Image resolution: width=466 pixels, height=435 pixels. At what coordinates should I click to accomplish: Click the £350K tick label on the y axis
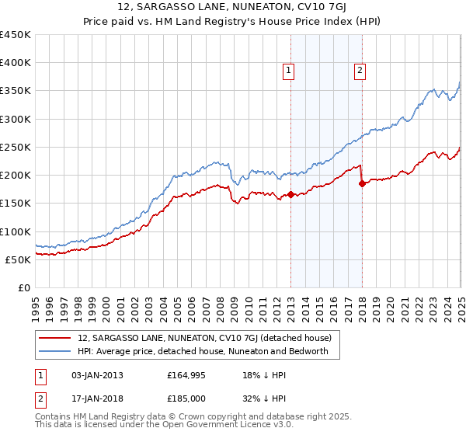[15, 91]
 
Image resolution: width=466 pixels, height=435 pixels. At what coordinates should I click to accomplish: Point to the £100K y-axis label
[15, 231]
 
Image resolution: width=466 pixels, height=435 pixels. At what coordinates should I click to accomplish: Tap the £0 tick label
[23, 288]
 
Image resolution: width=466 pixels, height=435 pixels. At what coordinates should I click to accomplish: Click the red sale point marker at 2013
[291, 195]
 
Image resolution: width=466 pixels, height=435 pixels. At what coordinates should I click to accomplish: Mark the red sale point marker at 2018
[363, 183]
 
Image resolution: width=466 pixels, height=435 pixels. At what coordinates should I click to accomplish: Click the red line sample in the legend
[55, 338]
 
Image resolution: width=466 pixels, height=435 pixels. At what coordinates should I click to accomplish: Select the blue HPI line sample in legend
[55, 352]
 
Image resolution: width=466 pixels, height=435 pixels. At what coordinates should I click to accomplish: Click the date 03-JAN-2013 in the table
[98, 375]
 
